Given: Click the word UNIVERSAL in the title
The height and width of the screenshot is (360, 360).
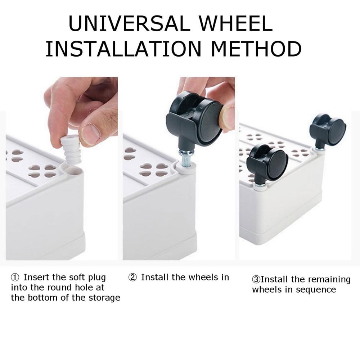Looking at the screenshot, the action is (130, 24).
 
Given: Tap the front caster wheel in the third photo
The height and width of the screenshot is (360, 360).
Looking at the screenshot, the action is (267, 163).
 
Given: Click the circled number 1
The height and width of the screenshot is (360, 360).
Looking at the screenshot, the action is (15, 278).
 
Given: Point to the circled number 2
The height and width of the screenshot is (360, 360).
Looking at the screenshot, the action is (132, 278).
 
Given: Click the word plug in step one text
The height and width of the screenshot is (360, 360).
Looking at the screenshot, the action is (97, 278).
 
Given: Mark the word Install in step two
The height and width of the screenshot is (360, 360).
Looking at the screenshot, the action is (155, 277).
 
